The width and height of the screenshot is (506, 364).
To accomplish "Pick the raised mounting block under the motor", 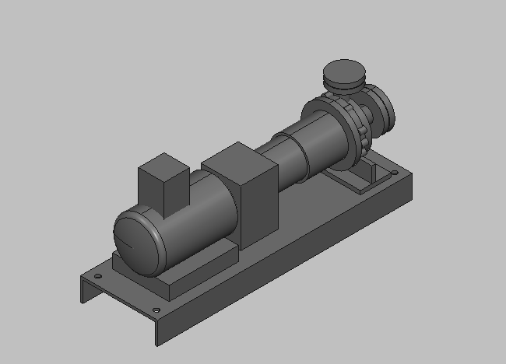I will coord(195,269).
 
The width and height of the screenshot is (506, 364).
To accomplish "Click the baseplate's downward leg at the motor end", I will coord(86,292).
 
